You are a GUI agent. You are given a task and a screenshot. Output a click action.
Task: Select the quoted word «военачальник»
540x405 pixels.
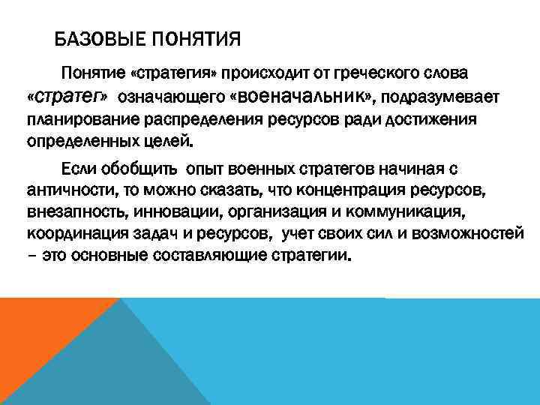(300, 97)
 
